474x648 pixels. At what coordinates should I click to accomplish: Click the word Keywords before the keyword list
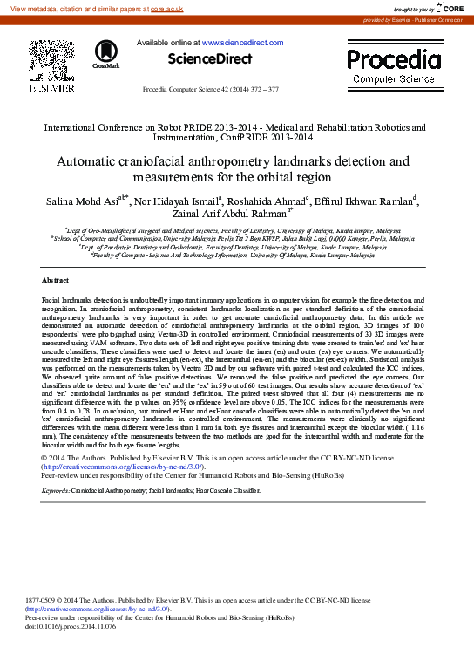(57, 491)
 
